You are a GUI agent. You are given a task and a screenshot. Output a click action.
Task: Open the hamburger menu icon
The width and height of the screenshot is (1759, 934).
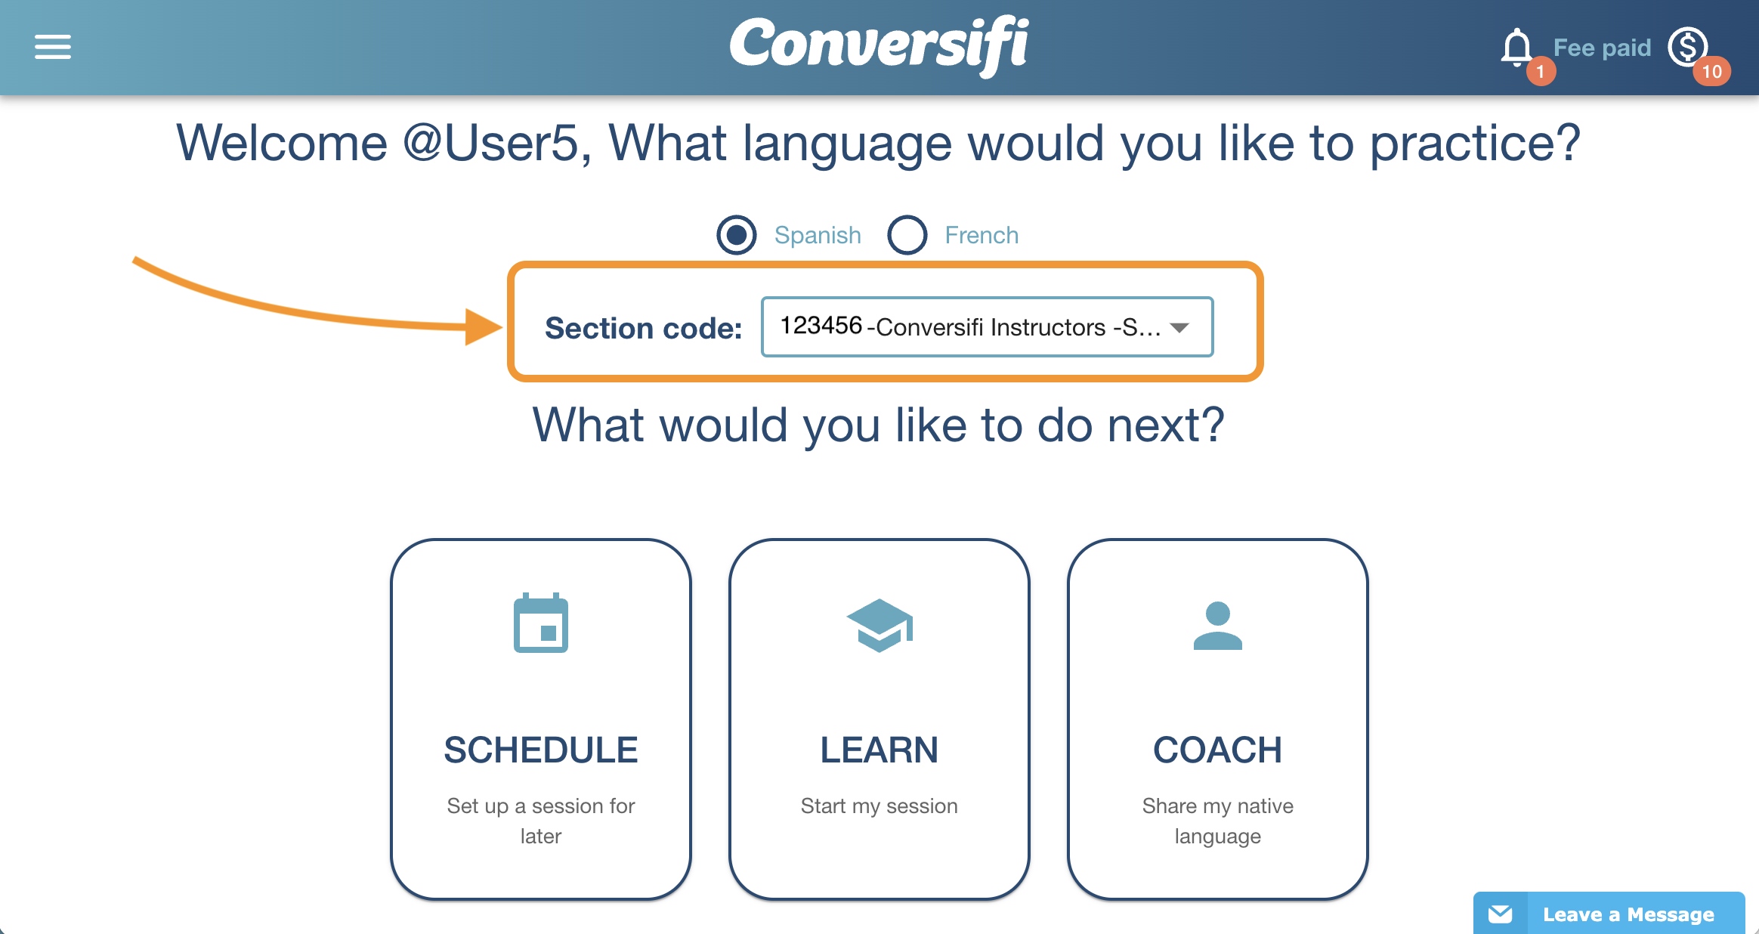[x=53, y=47]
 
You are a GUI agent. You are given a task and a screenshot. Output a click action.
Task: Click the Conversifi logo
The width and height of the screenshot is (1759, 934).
[x=879, y=45]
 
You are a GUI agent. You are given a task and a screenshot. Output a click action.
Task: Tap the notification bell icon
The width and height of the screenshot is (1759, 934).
[x=1516, y=48]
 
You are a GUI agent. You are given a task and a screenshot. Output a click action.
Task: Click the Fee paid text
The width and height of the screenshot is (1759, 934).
[x=1602, y=48]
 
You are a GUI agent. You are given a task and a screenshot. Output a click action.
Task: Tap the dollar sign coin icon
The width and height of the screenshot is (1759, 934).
[x=1688, y=47]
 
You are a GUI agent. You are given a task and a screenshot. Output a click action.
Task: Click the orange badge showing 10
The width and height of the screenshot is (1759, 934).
[x=1711, y=72]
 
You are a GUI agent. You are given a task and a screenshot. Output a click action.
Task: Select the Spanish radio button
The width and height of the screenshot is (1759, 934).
[x=737, y=235]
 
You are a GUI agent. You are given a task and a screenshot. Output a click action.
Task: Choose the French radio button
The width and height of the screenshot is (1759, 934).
[x=907, y=235]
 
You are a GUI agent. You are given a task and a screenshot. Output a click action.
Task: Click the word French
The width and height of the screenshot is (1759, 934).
[x=982, y=236]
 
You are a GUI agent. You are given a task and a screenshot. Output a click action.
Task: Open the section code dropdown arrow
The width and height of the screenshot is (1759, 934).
[x=1179, y=327]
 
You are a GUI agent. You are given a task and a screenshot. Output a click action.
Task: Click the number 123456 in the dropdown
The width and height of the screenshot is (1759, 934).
[x=821, y=326]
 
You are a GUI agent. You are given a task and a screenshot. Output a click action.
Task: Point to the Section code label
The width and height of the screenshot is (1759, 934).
[x=644, y=328]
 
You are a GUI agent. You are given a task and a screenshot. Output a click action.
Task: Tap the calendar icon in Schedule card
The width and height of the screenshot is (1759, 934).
[x=541, y=623]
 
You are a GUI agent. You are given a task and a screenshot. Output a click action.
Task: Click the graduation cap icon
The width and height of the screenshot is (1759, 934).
[x=879, y=626]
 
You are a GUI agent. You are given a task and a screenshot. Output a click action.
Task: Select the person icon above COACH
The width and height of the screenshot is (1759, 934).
[x=1218, y=626]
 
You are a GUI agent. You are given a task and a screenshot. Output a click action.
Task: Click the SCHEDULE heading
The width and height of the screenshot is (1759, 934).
[x=541, y=750]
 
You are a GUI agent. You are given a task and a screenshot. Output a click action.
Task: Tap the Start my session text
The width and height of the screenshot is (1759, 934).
[x=879, y=806]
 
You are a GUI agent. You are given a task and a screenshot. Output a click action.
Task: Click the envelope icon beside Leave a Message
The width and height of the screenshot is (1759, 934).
[x=1500, y=914]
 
